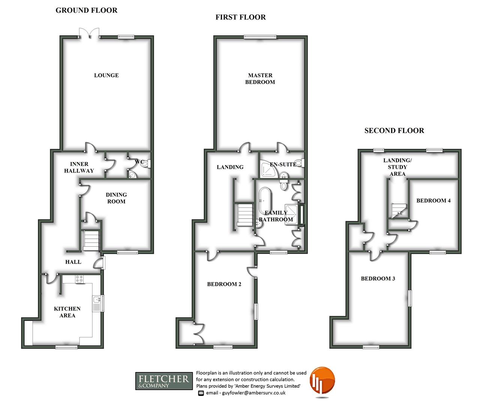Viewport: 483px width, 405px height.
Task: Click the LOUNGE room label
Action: pos(106,75)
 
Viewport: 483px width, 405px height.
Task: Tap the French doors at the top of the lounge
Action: pos(89,33)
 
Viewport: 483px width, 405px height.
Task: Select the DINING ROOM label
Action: pos(116,198)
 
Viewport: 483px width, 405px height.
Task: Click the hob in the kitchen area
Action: pos(79,279)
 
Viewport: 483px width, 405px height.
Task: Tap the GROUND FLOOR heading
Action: pos(86,10)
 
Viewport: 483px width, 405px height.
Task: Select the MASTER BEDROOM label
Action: pos(260,79)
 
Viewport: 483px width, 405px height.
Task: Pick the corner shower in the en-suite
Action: pos(269,169)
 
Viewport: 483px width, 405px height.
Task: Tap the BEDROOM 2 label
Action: pos(224,284)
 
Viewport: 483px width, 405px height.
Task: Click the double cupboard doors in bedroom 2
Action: pos(199,333)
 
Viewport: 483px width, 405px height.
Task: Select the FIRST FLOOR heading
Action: pos(240,17)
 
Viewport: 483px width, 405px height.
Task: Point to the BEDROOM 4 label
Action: pos(433,201)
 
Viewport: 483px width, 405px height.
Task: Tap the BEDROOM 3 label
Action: pos(378,279)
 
